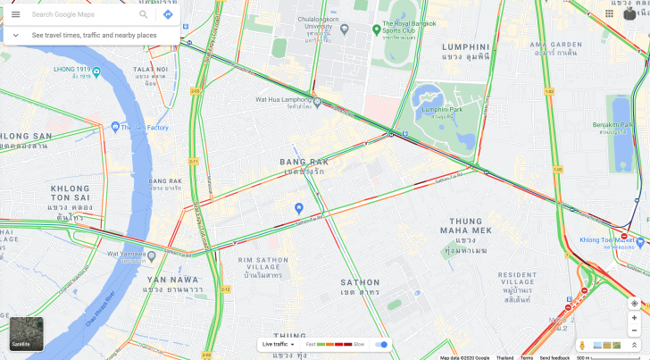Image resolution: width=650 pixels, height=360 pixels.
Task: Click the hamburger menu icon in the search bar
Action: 15,14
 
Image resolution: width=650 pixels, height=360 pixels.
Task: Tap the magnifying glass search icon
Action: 144,14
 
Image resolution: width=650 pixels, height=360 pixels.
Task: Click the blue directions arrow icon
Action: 167,14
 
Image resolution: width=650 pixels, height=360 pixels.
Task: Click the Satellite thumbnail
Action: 26,333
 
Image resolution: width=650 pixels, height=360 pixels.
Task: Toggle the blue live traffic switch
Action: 382,344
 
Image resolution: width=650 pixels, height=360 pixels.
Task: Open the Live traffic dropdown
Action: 279,344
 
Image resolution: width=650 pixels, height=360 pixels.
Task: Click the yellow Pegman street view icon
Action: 582,345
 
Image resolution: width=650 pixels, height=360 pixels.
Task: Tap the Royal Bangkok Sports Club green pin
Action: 377,30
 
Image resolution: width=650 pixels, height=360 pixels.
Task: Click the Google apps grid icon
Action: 609,13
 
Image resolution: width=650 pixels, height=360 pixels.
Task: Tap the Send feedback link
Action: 554,357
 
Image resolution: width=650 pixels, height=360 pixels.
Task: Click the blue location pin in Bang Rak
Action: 299,207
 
